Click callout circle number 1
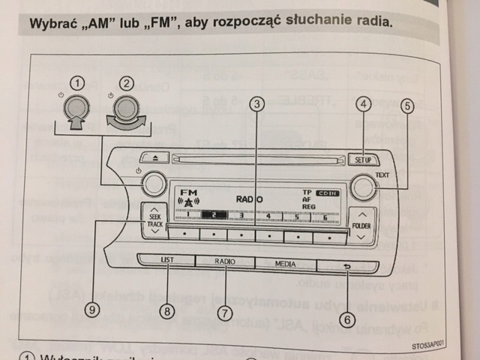(x=77, y=82)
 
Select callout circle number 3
(x=257, y=106)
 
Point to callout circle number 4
(x=364, y=106)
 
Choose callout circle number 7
(x=223, y=310)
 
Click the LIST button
(x=166, y=260)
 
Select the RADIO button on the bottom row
(x=224, y=262)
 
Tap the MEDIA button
(x=285, y=264)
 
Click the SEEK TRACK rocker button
(x=154, y=220)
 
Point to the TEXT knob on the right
(x=363, y=187)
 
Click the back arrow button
(x=346, y=265)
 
